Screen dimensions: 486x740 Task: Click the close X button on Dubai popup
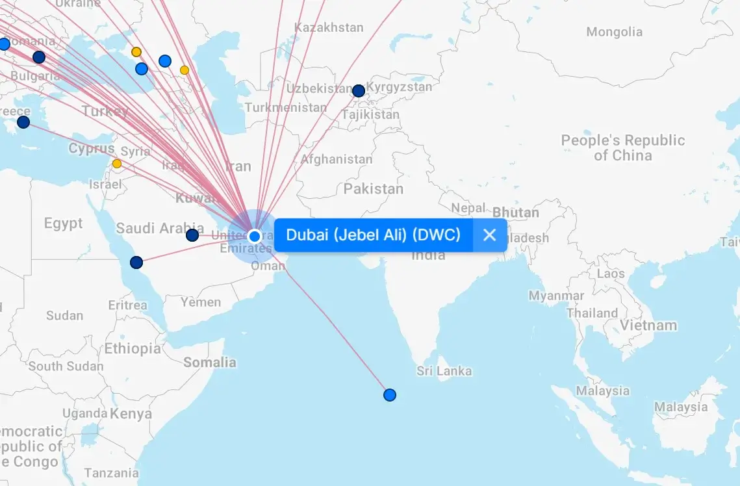490,235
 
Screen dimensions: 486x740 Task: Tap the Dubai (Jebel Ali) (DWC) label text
373,235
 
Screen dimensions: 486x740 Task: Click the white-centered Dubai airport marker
255,236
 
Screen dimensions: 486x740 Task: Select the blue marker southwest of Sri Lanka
390,395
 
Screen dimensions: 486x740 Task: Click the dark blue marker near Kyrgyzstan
359,91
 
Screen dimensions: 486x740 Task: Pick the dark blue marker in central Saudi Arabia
192,235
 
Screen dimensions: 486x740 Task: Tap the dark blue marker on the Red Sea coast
136,262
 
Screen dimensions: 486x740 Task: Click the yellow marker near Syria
117,164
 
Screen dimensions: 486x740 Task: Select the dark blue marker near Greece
23,122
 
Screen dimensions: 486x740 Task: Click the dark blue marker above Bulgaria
39,57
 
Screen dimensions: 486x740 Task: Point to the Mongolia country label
614,32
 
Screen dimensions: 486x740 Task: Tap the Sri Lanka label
444,372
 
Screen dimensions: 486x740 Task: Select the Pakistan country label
374,189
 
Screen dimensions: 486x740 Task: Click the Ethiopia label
133,348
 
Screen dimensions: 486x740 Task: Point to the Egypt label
63,224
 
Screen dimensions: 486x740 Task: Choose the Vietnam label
648,326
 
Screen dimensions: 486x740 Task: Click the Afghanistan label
337,159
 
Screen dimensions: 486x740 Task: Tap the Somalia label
209,363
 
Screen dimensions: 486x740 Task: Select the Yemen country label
201,302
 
